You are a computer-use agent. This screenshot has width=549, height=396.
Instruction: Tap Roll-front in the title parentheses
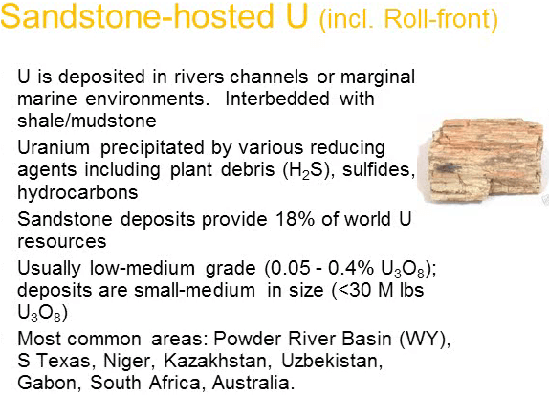tap(439, 19)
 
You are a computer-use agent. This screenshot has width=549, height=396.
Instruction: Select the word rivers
tap(199, 77)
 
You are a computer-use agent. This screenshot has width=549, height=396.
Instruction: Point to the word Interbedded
tap(277, 99)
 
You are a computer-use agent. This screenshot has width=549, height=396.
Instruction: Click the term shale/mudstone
tap(87, 121)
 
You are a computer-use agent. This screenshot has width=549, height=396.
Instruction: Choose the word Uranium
tap(54, 147)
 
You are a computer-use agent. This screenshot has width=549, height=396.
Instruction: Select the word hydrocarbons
tap(77, 192)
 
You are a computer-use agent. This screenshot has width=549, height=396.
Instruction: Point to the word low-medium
tap(143, 269)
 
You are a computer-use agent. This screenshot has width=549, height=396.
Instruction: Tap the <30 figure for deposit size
tap(353, 290)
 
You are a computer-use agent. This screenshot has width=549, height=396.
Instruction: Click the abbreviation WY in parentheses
tap(423, 339)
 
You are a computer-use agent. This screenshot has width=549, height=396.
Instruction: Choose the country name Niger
tap(129, 361)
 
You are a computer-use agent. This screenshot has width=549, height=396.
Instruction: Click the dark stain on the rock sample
tap(446, 168)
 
